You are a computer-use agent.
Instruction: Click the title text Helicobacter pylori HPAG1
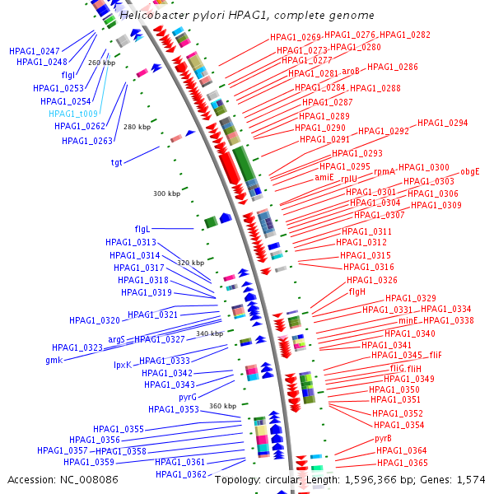(246, 16)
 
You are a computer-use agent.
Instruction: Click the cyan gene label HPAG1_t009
(73, 114)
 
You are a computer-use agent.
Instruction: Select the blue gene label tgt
(116, 162)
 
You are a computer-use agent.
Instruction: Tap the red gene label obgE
(469, 171)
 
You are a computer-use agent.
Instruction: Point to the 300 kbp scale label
(166, 194)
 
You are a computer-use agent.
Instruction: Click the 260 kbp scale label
(101, 63)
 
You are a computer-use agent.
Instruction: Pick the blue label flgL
(142, 228)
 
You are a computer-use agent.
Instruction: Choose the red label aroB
(351, 72)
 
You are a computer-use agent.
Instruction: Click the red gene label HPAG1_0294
(442, 123)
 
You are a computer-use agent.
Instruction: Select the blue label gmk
(54, 360)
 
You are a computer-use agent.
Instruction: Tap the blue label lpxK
(122, 365)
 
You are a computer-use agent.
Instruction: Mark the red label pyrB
(383, 438)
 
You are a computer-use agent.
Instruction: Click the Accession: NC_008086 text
(63, 478)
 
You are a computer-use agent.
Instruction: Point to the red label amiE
(324, 177)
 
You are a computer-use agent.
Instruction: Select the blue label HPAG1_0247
(35, 51)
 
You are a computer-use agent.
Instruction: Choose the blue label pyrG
(188, 397)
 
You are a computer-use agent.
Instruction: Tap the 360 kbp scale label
(222, 406)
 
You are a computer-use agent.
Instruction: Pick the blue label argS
(116, 339)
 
